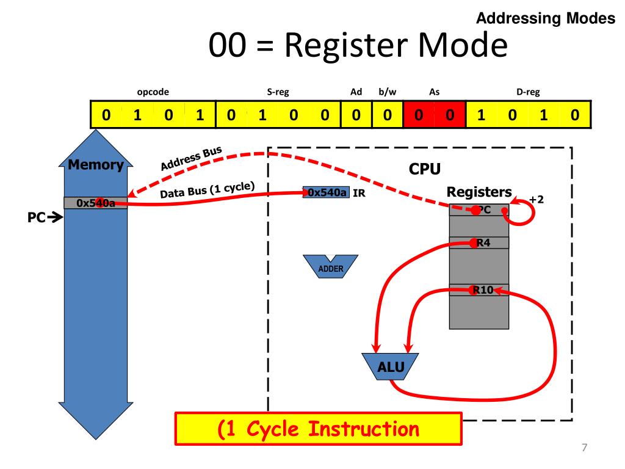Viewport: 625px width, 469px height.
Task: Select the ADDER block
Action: [331, 267]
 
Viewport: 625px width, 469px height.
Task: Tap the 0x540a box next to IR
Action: [327, 193]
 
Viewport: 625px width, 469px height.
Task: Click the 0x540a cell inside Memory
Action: [95, 203]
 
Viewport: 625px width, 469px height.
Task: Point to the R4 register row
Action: [479, 243]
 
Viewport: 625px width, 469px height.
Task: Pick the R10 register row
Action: [479, 290]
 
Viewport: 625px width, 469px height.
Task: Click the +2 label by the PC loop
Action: [536, 199]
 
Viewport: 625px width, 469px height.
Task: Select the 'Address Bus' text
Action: [191, 158]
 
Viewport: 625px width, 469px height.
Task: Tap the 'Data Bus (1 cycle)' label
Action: [207, 191]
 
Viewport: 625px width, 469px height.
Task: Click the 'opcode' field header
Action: [153, 92]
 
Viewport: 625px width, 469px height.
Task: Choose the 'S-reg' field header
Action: [278, 92]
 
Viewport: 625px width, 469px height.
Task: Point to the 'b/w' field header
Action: [387, 92]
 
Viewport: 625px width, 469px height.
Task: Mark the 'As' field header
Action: [434, 92]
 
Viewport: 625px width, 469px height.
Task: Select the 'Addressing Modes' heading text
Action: [545, 19]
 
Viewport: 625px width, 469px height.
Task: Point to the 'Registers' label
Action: [479, 192]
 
